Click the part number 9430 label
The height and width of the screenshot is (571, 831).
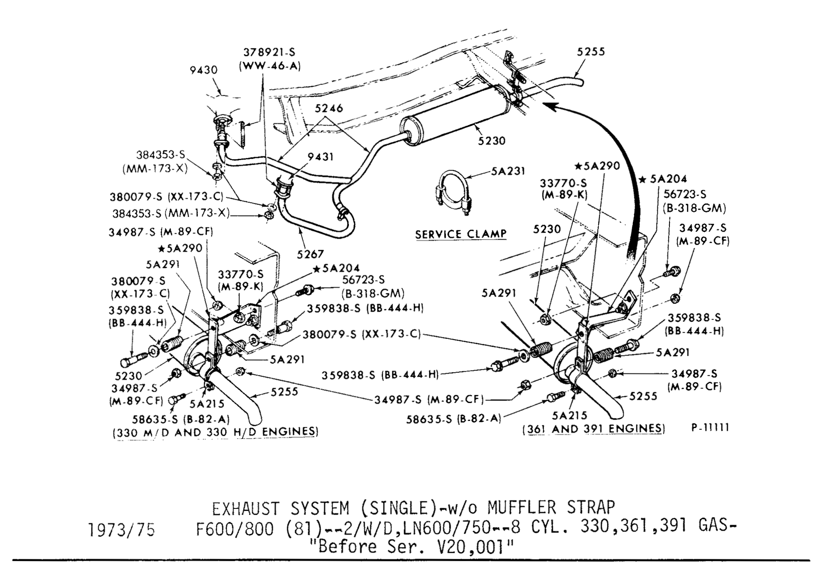[204, 70]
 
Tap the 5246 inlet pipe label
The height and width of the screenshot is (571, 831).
[328, 108]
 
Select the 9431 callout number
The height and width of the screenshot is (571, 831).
[321, 157]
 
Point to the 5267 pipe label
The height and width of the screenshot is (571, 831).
[310, 254]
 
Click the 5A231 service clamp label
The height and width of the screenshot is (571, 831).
[508, 171]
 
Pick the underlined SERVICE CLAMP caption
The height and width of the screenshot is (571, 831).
[461, 234]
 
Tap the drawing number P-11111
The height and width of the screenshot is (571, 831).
[710, 428]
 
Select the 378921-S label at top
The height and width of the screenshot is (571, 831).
[269, 53]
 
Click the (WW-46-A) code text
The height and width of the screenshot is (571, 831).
[270, 66]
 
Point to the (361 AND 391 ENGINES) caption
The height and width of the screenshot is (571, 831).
[594, 429]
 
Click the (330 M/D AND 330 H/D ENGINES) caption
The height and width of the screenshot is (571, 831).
[215, 432]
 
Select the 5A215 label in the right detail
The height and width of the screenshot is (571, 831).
[569, 416]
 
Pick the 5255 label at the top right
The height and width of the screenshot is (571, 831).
[591, 52]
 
